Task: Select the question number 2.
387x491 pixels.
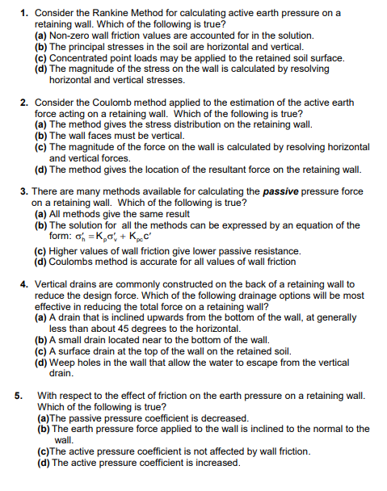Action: pos(23,103)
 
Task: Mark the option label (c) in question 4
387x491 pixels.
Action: pos(40,351)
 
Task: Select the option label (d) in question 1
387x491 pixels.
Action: pos(40,70)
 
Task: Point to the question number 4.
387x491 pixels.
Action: pos(23,284)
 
